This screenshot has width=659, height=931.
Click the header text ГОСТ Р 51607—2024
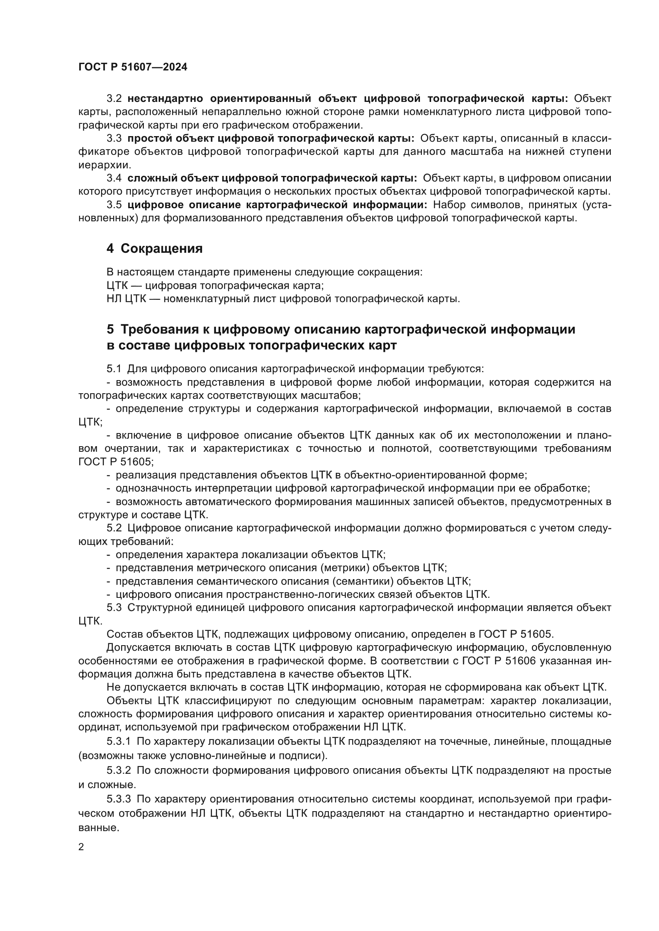coord(133,67)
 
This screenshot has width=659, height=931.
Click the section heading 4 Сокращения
coord(154,248)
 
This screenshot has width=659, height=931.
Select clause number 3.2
coord(114,99)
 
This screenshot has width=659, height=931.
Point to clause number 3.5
coord(114,205)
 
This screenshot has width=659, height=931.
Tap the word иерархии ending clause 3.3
coord(99,165)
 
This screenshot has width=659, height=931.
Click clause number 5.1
coord(114,369)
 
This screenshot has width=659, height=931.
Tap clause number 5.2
coord(114,528)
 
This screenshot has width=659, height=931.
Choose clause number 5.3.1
coord(118,742)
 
